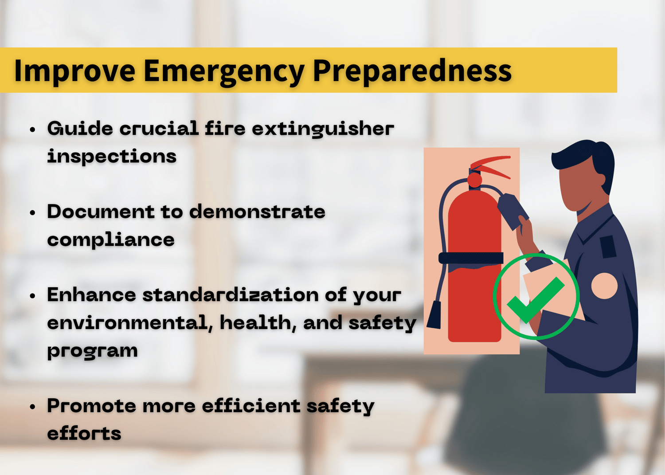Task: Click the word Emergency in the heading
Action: pos(224,71)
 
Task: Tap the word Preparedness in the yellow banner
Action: pos(412,71)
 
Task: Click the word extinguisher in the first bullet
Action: pos(323,129)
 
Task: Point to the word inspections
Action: pos(112,157)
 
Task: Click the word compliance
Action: pos(111,240)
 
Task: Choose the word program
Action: pos(92,351)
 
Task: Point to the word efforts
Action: pos(84,434)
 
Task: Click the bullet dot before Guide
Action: pos(32,130)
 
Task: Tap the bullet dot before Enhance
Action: pos(32,296)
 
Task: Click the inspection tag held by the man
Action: pos(512,211)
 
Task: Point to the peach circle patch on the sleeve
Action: pos(604,286)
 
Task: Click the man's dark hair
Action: pos(590,157)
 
